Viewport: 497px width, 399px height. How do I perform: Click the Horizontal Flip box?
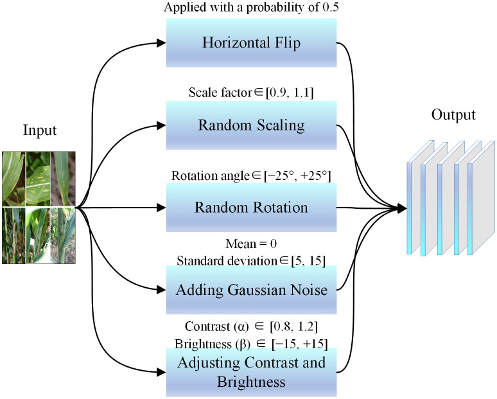251,43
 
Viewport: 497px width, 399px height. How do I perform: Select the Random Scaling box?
251,125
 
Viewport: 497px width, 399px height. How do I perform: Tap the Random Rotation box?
251,208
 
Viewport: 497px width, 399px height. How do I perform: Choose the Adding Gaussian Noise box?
251,290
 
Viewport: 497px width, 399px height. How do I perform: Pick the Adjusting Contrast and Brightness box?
251,372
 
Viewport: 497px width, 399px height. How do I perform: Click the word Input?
40,130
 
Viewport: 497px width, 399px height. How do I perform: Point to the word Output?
453,115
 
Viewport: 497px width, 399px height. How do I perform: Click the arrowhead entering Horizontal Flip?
162,43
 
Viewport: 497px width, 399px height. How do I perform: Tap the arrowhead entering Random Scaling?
162,125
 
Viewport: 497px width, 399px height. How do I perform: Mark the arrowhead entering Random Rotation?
162,208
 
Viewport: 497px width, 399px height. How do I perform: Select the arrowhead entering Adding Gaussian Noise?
162,290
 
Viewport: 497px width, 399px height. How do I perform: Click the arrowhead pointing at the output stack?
402,208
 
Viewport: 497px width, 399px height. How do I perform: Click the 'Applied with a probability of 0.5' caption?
251,7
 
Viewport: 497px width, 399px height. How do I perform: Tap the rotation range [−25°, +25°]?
297,175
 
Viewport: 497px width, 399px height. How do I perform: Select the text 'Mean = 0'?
251,244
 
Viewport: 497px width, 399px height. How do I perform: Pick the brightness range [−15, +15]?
299,344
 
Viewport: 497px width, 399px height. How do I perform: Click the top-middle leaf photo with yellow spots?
38,179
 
